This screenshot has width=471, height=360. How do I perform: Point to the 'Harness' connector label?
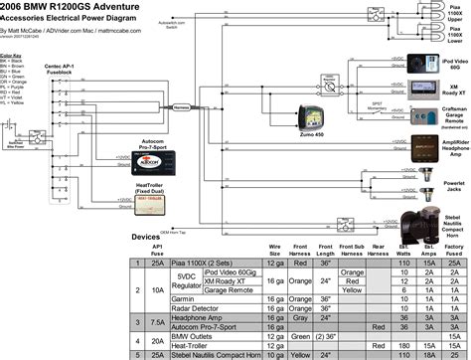coord(180,106)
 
